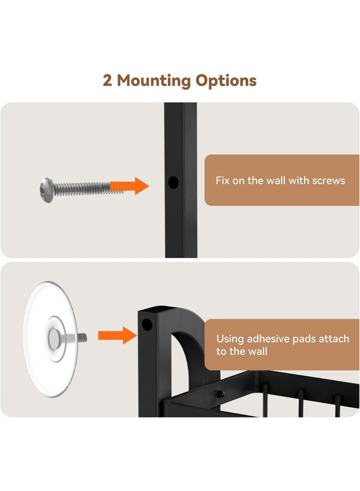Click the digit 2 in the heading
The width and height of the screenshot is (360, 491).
[107, 81]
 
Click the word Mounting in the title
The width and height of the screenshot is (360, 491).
[154, 81]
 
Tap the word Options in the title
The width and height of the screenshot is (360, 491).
[226, 81]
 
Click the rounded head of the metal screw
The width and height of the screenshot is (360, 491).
[47, 190]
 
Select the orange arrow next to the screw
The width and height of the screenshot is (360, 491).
[130, 186]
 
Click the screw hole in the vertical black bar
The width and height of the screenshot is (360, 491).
[173, 182]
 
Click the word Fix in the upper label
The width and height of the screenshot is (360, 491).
[222, 180]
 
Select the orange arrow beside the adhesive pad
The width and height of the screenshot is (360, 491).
[117, 335]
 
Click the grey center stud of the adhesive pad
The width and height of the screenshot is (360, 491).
[54, 339]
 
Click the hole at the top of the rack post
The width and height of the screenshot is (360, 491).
[147, 325]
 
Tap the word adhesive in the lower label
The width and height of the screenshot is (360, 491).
[266, 339]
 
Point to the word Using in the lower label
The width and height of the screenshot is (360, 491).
[230, 339]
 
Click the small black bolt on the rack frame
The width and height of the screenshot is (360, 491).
[221, 394]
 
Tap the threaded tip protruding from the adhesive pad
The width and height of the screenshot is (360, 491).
[82, 338]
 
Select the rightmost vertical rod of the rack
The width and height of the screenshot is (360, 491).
[338, 406]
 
